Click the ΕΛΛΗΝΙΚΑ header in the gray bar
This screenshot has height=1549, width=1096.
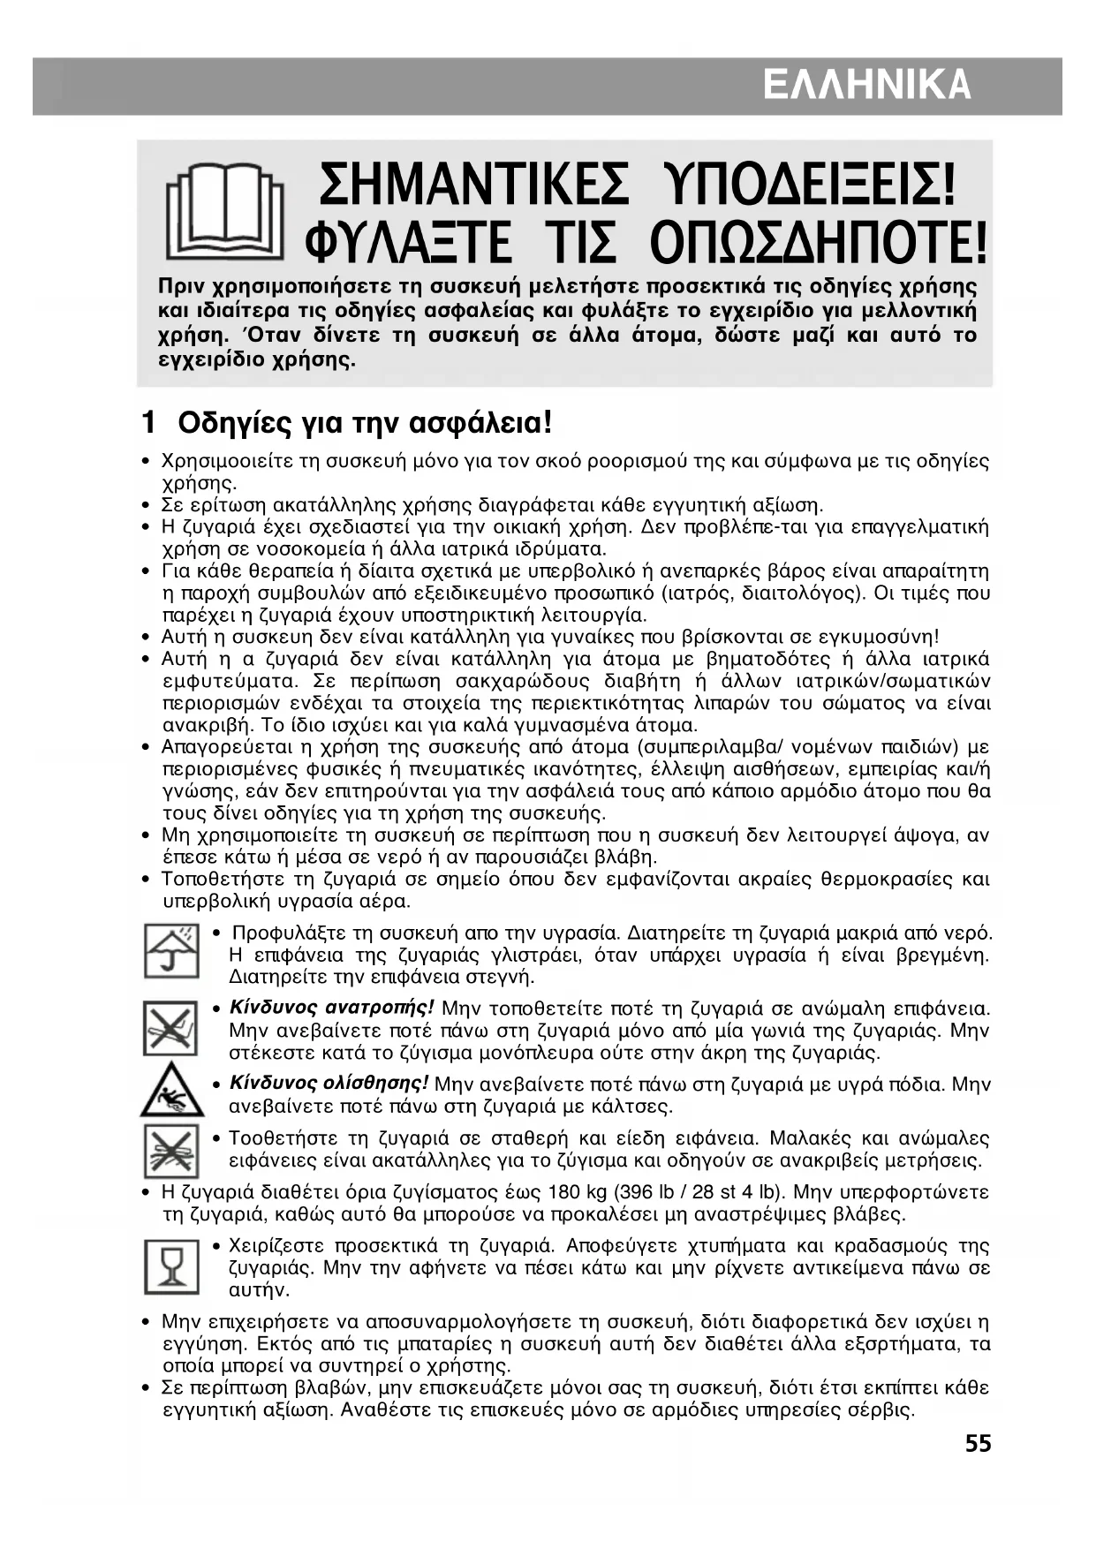pos(866,86)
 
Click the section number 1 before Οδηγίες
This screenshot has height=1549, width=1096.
pos(149,423)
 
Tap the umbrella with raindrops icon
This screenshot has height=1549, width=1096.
pos(171,950)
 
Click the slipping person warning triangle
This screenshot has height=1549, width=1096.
pos(171,1092)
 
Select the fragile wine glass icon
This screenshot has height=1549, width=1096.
pos(171,1267)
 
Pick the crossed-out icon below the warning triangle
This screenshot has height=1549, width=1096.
pos(171,1150)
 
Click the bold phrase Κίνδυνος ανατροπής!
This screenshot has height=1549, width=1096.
pos(331,1008)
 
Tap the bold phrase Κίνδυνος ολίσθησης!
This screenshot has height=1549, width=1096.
pos(329,1084)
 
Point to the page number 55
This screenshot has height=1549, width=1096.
pos(978,1444)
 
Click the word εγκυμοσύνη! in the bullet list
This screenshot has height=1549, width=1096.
pos(873,637)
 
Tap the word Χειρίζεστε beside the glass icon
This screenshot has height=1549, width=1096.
pos(277,1246)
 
